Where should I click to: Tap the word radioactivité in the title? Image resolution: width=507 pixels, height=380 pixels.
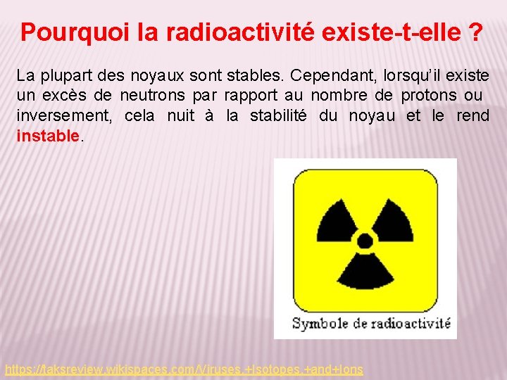pyautogui.click(x=226, y=32)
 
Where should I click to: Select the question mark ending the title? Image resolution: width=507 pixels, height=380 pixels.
pyautogui.click(x=476, y=32)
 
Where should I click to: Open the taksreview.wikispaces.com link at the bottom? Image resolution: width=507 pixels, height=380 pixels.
pyautogui.click(x=184, y=369)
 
